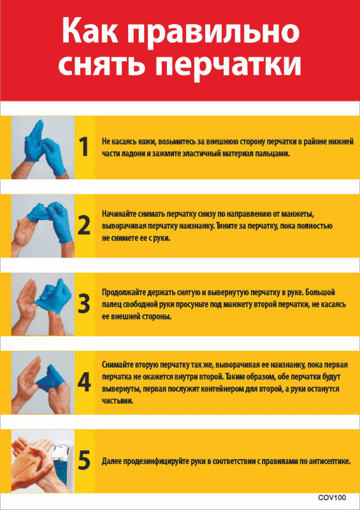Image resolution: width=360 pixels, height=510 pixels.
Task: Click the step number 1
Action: pos(84,147)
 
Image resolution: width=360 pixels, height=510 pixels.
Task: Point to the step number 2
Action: pos(84,226)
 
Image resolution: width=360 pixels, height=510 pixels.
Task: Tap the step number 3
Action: pos(84,304)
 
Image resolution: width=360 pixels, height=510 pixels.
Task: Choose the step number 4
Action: pos(84,382)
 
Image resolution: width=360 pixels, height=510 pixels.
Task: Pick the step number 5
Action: pos(84,461)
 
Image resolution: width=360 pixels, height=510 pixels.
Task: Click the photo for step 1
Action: pos(43,147)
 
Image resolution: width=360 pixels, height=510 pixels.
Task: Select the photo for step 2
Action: pos(43,226)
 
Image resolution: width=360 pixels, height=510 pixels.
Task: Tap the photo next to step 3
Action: pos(43,304)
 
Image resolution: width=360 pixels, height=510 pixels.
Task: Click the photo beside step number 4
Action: pos(43,382)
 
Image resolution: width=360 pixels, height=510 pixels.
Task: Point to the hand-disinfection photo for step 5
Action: pos(43,461)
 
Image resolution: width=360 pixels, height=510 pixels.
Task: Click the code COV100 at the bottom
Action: pos(332,498)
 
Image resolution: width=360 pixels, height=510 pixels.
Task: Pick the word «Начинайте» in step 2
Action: pos(118,215)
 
